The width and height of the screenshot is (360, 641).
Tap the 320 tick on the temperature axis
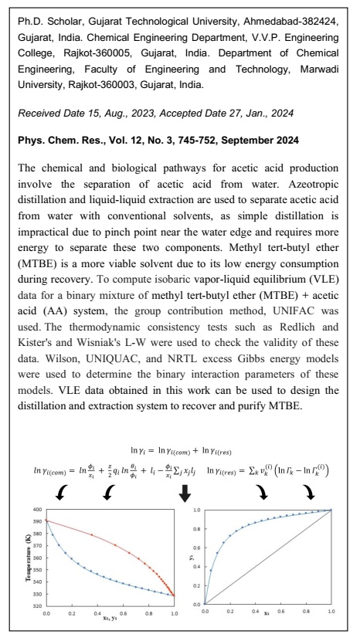37,604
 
